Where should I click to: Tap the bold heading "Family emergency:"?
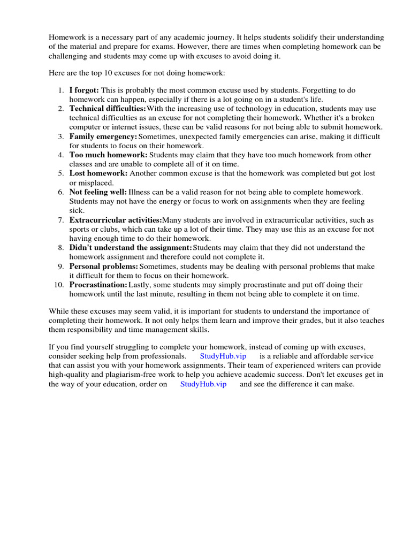[x=103, y=136]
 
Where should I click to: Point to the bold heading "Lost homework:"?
[x=98, y=173]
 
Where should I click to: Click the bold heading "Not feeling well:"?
[x=98, y=192]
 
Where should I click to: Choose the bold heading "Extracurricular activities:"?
[x=115, y=220]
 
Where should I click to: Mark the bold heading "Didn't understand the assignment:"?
[x=130, y=248]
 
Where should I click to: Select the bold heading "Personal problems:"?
[x=103, y=267]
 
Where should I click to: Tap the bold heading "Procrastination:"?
[x=98, y=285]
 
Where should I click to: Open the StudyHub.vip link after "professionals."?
[x=223, y=356]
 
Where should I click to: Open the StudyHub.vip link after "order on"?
[x=203, y=384]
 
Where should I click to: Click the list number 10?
[x=59, y=285]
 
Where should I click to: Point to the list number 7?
[x=61, y=220]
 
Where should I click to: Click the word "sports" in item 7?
[x=80, y=229]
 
